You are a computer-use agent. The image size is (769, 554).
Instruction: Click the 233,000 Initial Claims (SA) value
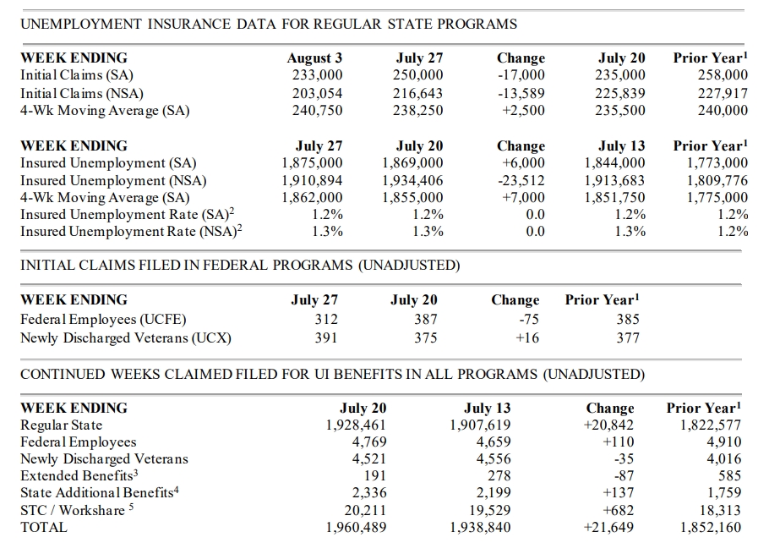pos(315,75)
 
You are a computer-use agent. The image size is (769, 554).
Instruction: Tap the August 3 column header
pos(314,58)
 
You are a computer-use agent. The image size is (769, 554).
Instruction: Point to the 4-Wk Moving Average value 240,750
pos(315,110)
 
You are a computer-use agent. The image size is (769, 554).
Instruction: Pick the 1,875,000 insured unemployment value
pos(312,163)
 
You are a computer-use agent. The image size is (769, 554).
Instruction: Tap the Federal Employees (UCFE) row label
pos(103,320)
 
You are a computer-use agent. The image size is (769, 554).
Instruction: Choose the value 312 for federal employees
pos(325,320)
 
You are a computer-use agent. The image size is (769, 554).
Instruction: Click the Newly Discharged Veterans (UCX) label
pos(126,337)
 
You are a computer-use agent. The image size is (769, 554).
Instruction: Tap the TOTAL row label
pos(43,528)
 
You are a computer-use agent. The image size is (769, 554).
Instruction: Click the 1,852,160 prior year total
pos(710,528)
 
